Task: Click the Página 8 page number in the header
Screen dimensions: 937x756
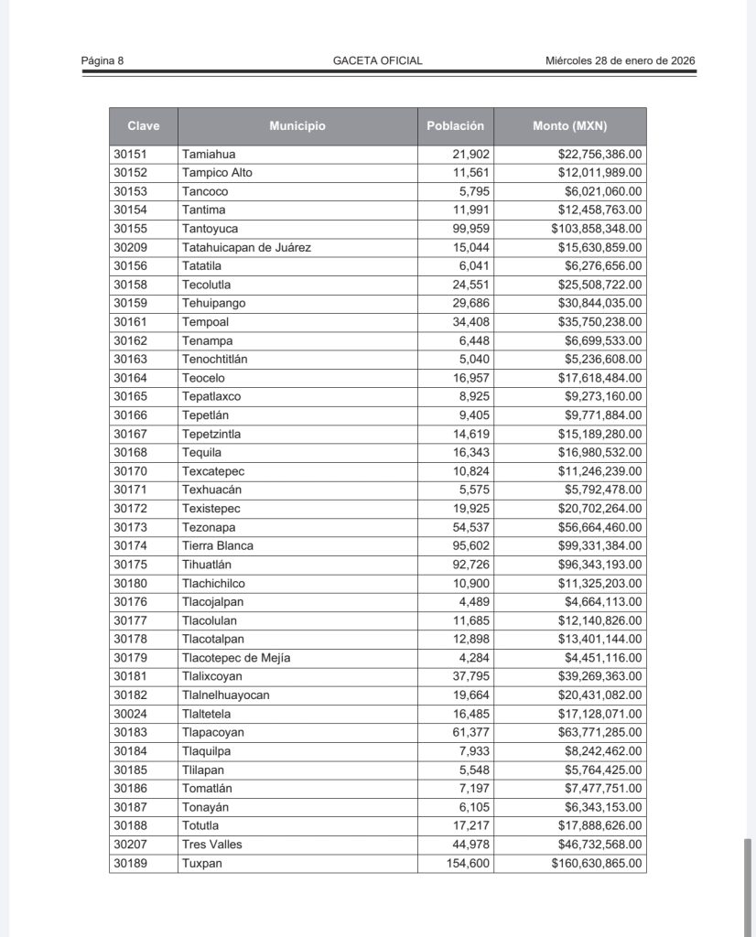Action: [x=102, y=61]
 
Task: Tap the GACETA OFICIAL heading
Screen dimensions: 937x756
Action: [x=377, y=61]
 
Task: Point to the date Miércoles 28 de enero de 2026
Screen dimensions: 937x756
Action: [x=620, y=61]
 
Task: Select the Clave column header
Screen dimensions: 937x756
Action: [x=143, y=126]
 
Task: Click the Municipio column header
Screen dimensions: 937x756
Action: [x=297, y=126]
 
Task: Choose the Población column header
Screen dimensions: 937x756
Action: [x=455, y=126]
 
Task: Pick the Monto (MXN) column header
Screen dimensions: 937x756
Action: [x=569, y=126]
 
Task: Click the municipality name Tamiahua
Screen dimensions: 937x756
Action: [x=209, y=155]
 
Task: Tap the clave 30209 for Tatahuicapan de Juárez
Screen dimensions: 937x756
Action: [x=130, y=248]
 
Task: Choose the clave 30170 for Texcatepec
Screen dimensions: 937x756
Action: [x=130, y=471]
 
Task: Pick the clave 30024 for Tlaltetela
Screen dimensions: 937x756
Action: [x=130, y=714]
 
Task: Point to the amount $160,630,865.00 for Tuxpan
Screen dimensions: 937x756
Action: [x=596, y=863]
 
